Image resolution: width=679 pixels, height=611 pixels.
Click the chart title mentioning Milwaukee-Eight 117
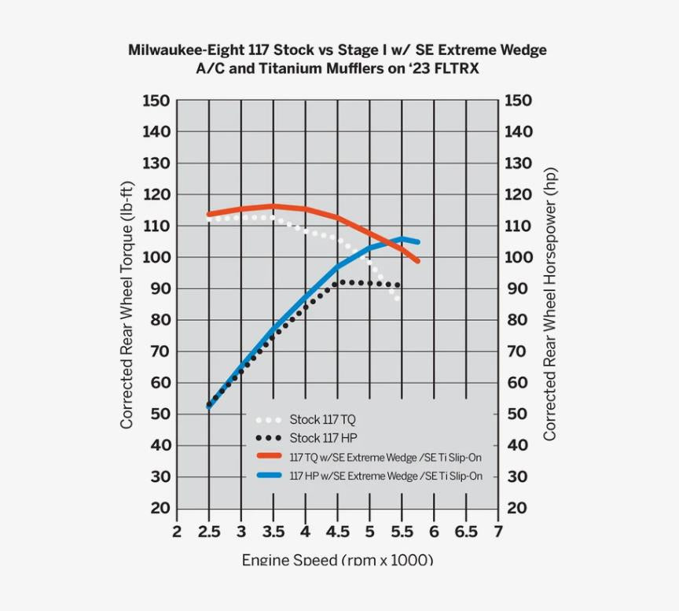point(337,59)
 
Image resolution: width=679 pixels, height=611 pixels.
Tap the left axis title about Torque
point(126,304)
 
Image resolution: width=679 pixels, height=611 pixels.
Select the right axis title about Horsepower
point(549,304)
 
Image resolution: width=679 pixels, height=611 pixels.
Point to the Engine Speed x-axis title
point(337,559)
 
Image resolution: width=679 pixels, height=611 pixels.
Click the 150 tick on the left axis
point(156,101)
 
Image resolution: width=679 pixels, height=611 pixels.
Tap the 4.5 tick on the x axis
point(338,532)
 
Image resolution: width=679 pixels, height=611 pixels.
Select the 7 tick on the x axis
point(498,532)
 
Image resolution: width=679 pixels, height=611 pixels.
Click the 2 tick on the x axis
point(177,532)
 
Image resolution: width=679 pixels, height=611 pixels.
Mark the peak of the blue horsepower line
point(402,238)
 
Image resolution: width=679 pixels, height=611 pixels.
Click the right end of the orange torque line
point(418,261)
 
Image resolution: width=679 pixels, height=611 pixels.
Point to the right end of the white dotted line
point(398,298)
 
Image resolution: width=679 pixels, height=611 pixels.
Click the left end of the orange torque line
point(209,214)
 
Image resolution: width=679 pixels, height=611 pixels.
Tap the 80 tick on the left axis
point(160,320)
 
